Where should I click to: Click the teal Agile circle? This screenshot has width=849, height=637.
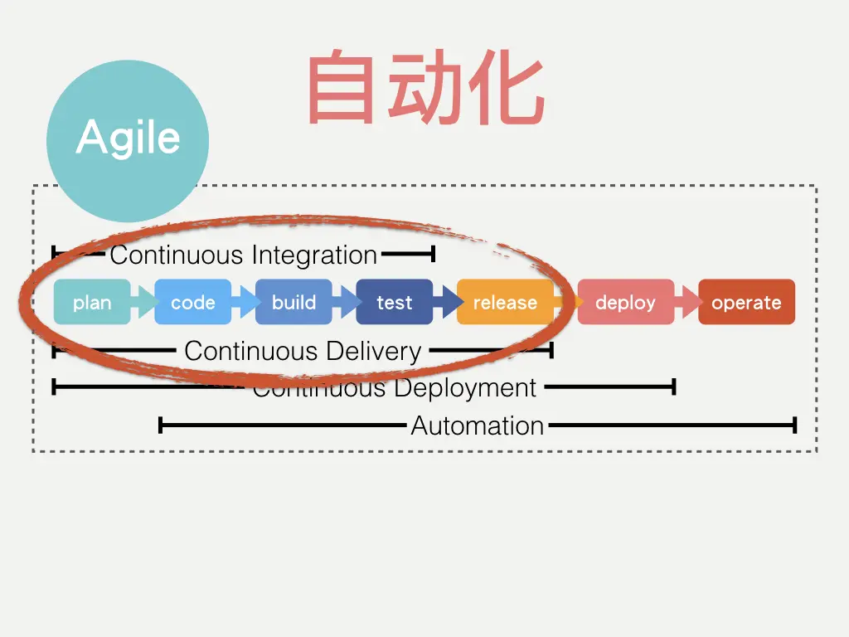tap(127, 139)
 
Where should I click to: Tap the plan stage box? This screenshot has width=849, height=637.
tap(92, 303)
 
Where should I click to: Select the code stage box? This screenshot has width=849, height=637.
tap(193, 303)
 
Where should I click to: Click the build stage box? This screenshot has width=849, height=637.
tap(294, 303)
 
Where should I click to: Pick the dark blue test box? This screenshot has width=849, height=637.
tap(395, 303)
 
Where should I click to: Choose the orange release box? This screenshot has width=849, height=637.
tap(505, 303)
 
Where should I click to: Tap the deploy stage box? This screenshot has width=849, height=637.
tap(625, 303)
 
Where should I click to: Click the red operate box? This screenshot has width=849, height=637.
tap(746, 303)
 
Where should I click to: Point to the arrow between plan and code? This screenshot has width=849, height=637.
tap(143, 303)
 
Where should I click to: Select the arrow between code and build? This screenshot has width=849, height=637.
tap(245, 303)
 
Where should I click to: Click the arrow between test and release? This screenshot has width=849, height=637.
tap(447, 303)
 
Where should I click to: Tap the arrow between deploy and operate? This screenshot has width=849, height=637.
tap(687, 303)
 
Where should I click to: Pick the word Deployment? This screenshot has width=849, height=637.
tap(466, 387)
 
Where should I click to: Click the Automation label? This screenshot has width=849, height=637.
tap(478, 426)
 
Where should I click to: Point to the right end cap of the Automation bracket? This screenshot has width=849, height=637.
tap(795, 426)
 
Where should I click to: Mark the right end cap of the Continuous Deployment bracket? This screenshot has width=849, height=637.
tap(674, 387)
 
